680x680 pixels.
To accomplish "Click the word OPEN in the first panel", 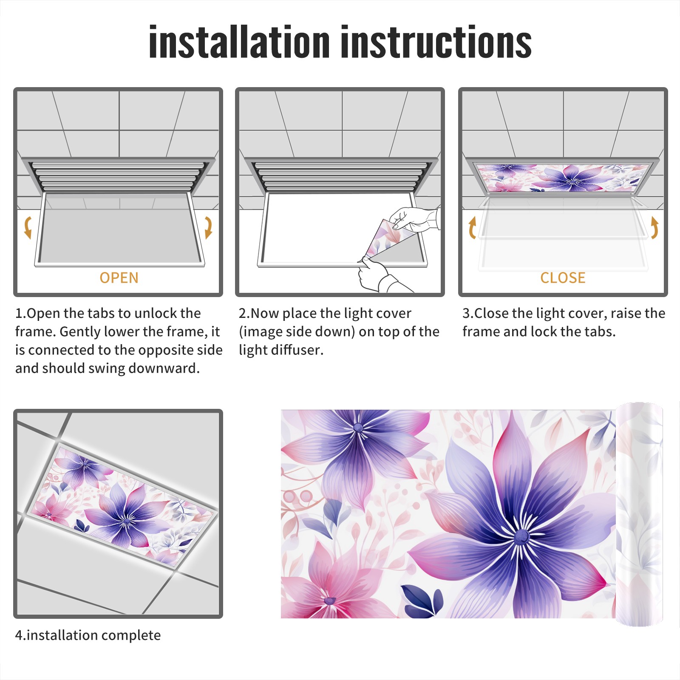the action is click(x=119, y=278).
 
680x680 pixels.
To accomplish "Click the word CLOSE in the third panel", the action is click(x=563, y=278).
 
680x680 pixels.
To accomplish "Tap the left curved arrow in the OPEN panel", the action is click(x=28, y=227).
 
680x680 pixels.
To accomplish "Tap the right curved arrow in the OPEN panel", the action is click(x=208, y=227).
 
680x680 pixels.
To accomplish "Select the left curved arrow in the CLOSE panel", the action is click(x=471, y=227).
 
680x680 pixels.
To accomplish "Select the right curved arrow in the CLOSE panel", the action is click(x=655, y=227).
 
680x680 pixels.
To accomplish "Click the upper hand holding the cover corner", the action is click(x=414, y=219).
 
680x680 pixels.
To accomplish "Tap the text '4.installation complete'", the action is click(x=88, y=635).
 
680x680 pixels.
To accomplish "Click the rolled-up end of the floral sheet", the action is click(x=640, y=514).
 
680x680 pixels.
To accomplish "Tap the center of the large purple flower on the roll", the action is click(x=521, y=537).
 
